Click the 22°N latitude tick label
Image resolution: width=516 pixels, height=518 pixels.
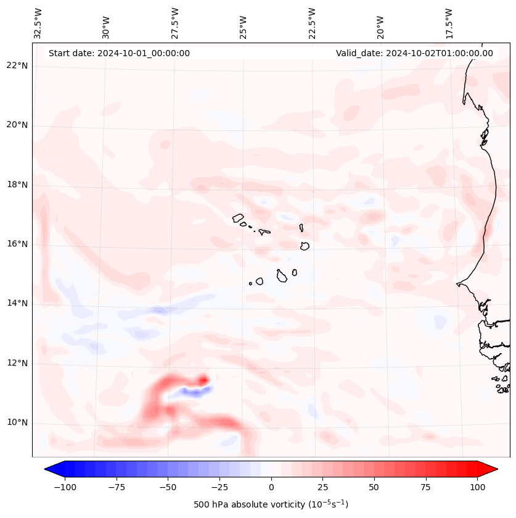[17, 65]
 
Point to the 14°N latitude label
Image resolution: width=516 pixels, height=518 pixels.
[17, 303]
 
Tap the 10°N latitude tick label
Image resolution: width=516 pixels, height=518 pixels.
[17, 422]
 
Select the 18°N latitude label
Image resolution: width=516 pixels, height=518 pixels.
[17, 185]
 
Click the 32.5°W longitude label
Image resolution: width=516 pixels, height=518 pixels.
[38, 23]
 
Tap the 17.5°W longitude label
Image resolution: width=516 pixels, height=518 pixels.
[449, 23]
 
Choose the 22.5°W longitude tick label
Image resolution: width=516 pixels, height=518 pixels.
[312, 23]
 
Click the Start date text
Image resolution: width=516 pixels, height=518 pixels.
[119, 53]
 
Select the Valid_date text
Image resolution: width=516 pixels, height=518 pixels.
[414, 53]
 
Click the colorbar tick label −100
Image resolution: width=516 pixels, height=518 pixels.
[65, 487]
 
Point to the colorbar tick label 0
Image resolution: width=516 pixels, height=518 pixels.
[271, 487]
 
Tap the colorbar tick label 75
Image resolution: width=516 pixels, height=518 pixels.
[425, 487]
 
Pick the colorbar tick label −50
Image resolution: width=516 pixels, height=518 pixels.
[168, 487]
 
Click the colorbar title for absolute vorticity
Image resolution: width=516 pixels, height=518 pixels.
[271, 505]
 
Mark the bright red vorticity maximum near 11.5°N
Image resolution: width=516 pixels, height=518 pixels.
[202, 380]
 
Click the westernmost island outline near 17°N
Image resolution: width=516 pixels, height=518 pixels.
[238, 218]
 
